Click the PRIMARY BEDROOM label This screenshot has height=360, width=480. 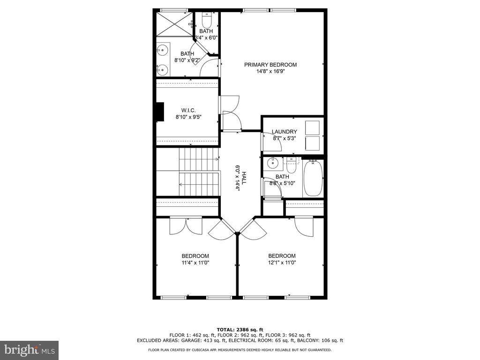point(270,65)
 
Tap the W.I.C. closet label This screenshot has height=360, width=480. point(188,110)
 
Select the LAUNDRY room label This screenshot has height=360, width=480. point(285,132)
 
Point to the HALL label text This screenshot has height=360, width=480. point(244,178)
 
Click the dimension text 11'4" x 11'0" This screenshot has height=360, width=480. point(195,262)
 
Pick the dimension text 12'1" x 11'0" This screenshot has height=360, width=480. point(282,262)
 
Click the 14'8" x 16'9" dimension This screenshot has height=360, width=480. point(270,71)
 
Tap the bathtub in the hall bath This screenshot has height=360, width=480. point(313,178)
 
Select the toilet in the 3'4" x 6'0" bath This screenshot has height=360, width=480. point(207,20)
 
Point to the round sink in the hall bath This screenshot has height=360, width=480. point(272,164)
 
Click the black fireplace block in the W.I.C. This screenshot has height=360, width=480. point(159,112)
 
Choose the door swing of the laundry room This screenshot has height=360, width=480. point(272,142)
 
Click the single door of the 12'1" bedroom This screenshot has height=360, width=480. point(304,226)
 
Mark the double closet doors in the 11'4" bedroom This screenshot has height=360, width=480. point(186,226)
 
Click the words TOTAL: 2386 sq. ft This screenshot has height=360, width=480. point(240,330)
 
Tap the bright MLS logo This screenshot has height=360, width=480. point(30,350)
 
